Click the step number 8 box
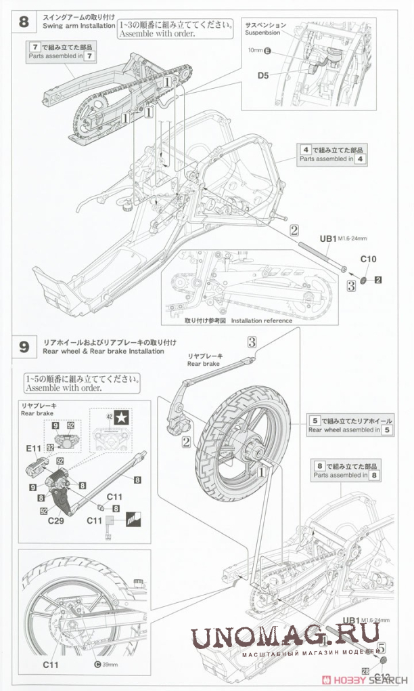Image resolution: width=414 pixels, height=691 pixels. [24, 21]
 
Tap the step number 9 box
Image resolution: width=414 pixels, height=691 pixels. [24, 347]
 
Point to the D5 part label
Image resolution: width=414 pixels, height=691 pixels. [264, 75]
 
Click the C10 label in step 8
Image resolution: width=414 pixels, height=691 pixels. [368, 259]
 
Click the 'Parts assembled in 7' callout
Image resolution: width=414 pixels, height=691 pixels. [60, 52]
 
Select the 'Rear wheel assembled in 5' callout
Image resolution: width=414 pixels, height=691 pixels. [350, 425]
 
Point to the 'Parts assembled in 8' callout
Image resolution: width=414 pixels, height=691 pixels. [346, 471]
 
